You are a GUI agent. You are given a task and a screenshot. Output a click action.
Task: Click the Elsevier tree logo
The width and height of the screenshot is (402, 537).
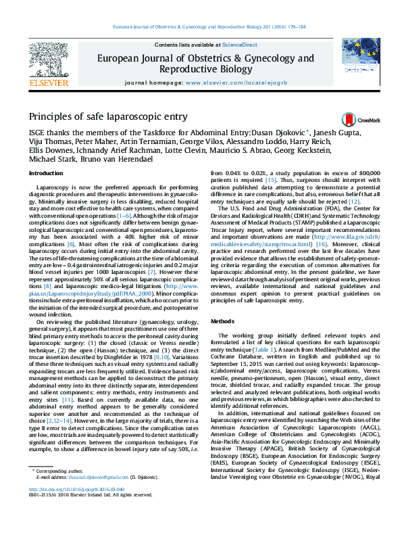coord(48,57)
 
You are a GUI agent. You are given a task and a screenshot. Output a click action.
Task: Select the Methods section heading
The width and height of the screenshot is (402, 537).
coord(223,321)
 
